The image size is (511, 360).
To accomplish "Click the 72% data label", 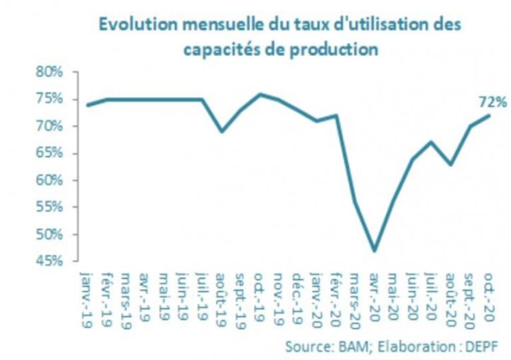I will pos(493,102).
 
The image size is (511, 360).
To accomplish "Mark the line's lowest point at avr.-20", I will pos(375,251).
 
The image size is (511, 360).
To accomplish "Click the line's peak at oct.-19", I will pos(260,94).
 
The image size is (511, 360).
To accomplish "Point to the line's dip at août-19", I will pos(222,132).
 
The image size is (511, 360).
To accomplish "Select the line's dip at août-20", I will pos(452,164).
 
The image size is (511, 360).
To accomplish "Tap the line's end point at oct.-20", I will pos(490,115).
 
